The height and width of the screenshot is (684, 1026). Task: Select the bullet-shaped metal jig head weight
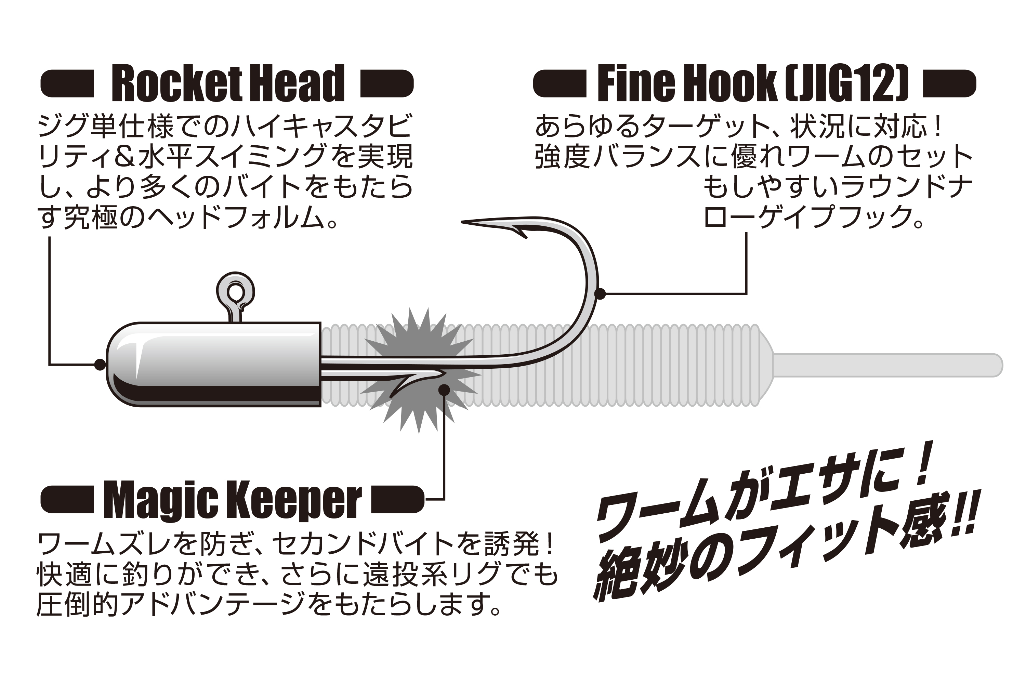tap(214, 364)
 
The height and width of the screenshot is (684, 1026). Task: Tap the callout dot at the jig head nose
tap(100, 364)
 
